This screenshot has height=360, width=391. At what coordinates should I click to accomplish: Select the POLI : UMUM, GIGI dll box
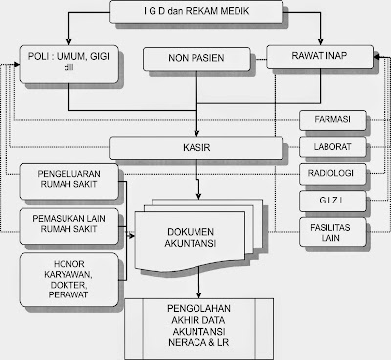[x=65, y=59]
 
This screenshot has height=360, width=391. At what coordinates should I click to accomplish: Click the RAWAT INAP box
[x=318, y=59]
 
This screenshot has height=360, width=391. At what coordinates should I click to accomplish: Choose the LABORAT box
[x=333, y=148]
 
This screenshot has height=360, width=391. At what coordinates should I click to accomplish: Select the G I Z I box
[x=333, y=202]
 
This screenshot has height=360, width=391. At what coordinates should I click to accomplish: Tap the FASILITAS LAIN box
[x=333, y=232]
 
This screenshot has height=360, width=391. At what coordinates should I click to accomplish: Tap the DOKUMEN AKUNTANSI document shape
[x=195, y=235]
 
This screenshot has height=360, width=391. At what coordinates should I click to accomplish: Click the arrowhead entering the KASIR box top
[x=198, y=133]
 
